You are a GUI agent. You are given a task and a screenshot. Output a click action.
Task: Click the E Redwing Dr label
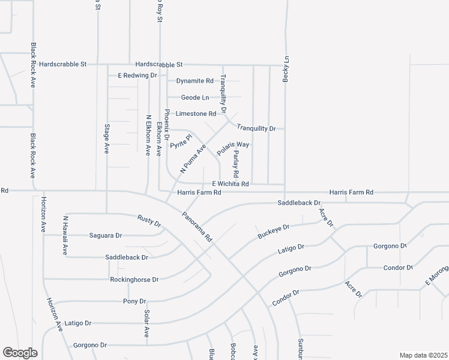click(x=137, y=76)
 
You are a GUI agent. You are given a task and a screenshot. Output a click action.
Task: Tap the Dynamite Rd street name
click(x=194, y=80)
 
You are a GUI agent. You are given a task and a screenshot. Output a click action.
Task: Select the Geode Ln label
click(x=196, y=97)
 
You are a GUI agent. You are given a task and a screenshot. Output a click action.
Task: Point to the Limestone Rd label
click(x=196, y=113)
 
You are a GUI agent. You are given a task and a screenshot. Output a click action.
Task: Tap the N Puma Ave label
click(x=193, y=158)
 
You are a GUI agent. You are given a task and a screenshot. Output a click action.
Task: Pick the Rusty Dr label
click(x=149, y=221)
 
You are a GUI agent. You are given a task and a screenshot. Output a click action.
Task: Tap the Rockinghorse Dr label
click(x=134, y=280)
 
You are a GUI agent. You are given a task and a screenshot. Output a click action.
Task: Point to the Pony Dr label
click(x=134, y=301)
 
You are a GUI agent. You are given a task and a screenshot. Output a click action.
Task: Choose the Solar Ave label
click(x=146, y=324)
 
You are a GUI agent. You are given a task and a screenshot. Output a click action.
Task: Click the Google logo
click(x=20, y=353)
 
